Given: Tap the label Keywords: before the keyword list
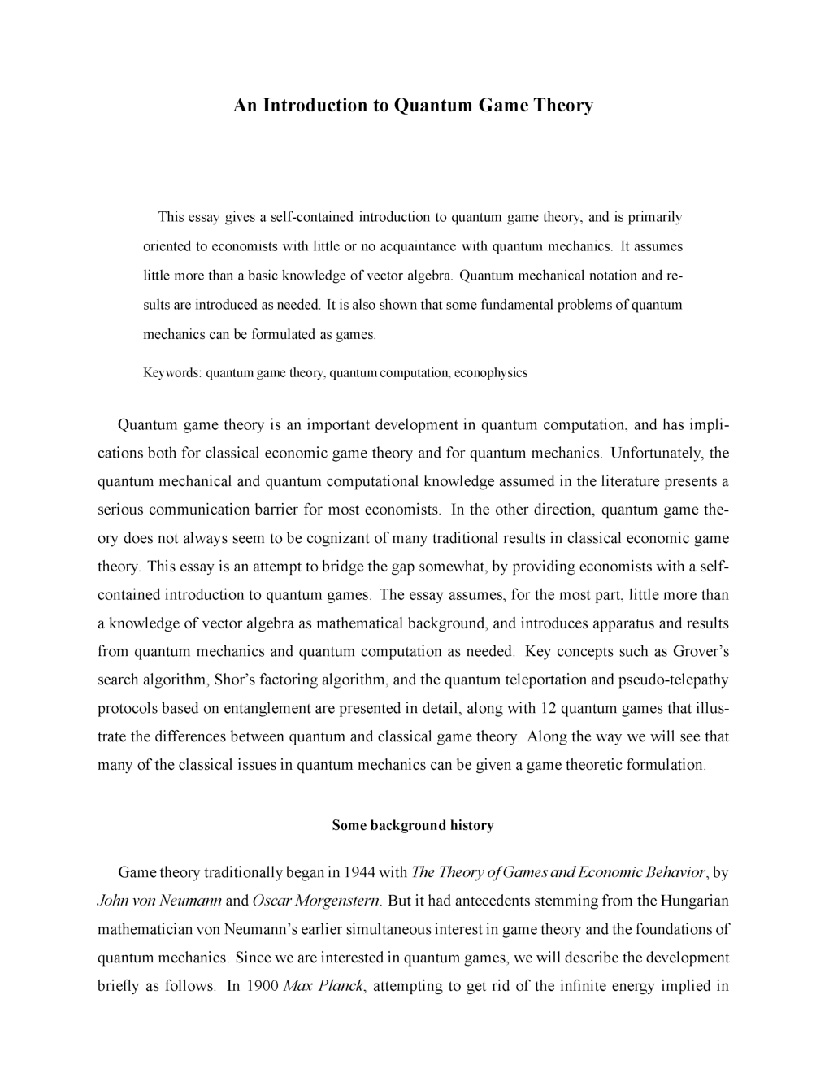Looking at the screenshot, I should [172, 373].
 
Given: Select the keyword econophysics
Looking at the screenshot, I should [491, 373].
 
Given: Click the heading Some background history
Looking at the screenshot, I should [413, 826].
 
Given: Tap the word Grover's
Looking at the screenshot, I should [699, 652].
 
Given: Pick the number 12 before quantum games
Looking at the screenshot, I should [548, 709].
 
